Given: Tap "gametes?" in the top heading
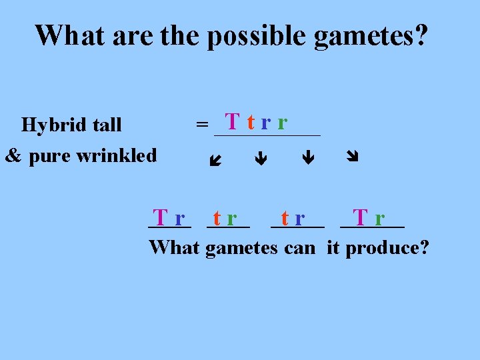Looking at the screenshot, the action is (371, 37).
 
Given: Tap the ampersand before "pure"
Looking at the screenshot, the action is (14, 156).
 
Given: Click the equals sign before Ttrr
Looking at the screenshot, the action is (201, 124).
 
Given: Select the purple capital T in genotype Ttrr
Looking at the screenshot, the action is (233, 122).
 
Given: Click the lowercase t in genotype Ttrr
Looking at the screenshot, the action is (250, 123).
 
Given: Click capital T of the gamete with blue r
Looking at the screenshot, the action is (160, 217).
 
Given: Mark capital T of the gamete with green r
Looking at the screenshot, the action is (361, 217).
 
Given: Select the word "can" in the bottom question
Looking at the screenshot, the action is (299, 249).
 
